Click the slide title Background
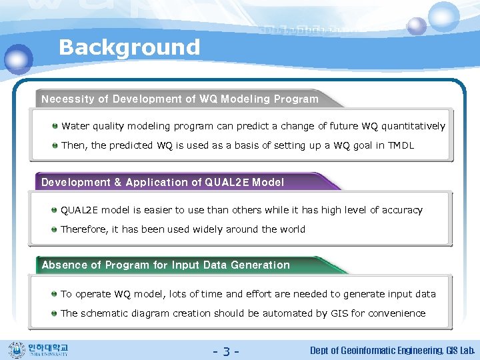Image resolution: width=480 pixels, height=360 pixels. pos(129,47)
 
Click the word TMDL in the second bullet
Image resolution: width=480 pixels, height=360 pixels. pos(401,145)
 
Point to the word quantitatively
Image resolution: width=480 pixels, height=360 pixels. pos(413,126)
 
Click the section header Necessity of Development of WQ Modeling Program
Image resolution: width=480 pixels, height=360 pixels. pos(180,99)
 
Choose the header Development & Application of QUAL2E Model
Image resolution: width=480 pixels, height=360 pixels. pos(163,183)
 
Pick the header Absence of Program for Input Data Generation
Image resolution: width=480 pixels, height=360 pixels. pos(165,265)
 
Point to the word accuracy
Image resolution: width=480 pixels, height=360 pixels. pos(401,210)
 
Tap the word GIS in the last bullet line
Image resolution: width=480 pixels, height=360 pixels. pos(340,313)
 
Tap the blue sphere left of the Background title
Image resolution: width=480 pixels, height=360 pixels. pos(18,59)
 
